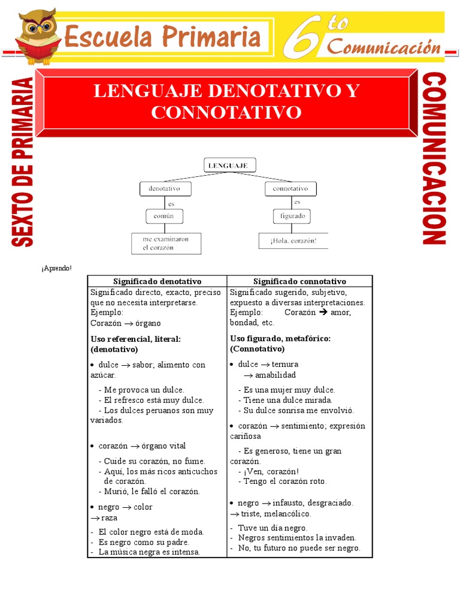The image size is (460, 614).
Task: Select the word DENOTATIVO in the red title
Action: (x=266, y=91)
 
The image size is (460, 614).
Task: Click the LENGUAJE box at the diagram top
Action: (x=230, y=164)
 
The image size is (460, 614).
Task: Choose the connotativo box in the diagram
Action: (x=290, y=188)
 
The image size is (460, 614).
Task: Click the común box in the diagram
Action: (x=163, y=216)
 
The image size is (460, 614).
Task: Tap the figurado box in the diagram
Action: (x=292, y=216)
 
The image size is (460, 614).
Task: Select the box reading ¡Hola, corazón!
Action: (x=293, y=241)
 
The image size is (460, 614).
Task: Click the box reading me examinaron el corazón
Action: (x=166, y=243)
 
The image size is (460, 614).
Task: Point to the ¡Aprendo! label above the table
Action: (x=56, y=267)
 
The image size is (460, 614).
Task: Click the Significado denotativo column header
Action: (x=157, y=281)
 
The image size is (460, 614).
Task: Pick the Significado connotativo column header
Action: (x=299, y=281)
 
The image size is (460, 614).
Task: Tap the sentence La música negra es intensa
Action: (x=149, y=552)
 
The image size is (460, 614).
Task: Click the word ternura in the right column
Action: (x=285, y=364)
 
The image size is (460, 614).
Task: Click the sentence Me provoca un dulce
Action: (x=144, y=390)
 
